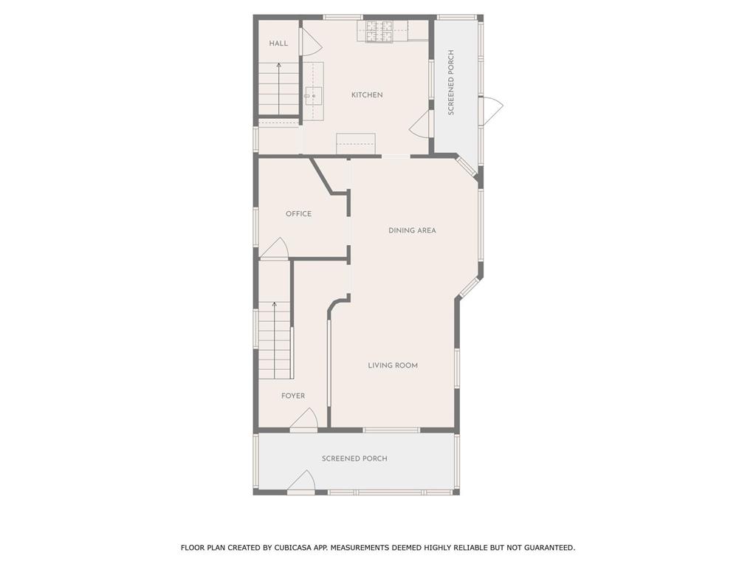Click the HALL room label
[278, 44]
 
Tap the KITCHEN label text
[367, 95]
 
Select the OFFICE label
[298, 213]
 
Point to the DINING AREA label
[412, 230]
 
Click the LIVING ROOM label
[393, 365]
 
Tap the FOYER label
[293, 396]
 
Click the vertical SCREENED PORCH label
[451, 83]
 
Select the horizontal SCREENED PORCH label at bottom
[354, 458]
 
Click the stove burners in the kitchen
[380, 31]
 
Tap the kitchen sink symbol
[313, 97]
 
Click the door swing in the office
[275, 248]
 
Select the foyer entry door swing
[303, 418]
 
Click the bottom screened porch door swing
[301, 481]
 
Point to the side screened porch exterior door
[491, 110]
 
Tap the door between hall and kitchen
[311, 41]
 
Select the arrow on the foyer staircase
[275, 340]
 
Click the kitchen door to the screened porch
[419, 123]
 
